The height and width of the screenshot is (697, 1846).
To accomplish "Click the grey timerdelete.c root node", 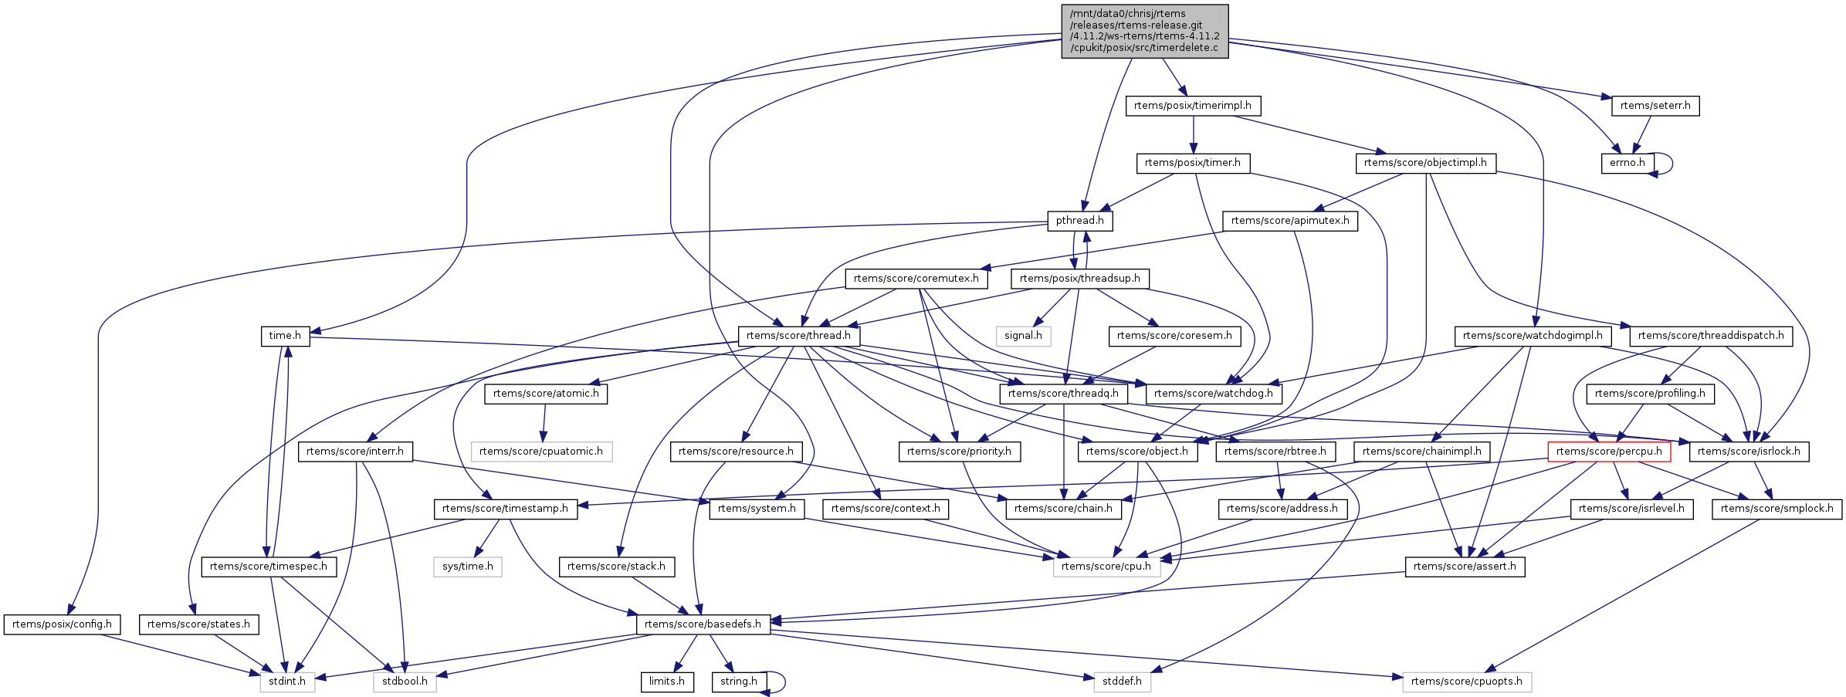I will pyautogui.click(x=1144, y=31).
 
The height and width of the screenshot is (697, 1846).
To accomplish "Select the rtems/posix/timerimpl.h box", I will pyautogui.click(x=1193, y=106).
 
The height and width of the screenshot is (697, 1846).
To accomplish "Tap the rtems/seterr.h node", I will pyautogui.click(x=1655, y=106).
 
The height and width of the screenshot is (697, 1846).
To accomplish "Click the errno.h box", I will pyautogui.click(x=1627, y=163).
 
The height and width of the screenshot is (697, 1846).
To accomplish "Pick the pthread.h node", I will pyautogui.click(x=1080, y=221).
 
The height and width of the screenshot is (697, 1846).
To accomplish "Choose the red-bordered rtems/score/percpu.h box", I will pyautogui.click(x=1609, y=452).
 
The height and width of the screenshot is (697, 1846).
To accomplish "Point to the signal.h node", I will pyautogui.click(x=1023, y=336).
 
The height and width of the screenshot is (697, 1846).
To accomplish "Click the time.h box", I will pyautogui.click(x=285, y=336).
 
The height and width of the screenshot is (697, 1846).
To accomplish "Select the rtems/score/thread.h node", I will pyautogui.click(x=798, y=336).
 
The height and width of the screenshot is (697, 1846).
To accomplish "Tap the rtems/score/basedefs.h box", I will pyautogui.click(x=703, y=624).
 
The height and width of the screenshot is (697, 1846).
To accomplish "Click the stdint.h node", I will pyautogui.click(x=287, y=682).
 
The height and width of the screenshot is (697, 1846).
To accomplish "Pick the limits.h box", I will pyautogui.click(x=666, y=682).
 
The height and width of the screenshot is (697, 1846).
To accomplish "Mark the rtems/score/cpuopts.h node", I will pyautogui.click(x=1466, y=682).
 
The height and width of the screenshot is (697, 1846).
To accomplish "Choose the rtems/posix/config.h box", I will pyautogui.click(x=62, y=624).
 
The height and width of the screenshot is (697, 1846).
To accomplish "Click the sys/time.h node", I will pyautogui.click(x=468, y=567).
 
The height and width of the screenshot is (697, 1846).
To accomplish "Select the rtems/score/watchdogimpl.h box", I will pyautogui.click(x=1533, y=336).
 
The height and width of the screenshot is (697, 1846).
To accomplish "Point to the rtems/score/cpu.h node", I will pyautogui.click(x=1106, y=567).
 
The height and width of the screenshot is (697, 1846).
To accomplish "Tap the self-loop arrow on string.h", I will pyautogui.click(x=781, y=682).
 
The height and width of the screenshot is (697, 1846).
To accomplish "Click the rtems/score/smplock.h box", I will pyautogui.click(x=1777, y=509).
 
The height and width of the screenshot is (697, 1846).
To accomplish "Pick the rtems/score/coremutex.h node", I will pyautogui.click(x=916, y=279).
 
